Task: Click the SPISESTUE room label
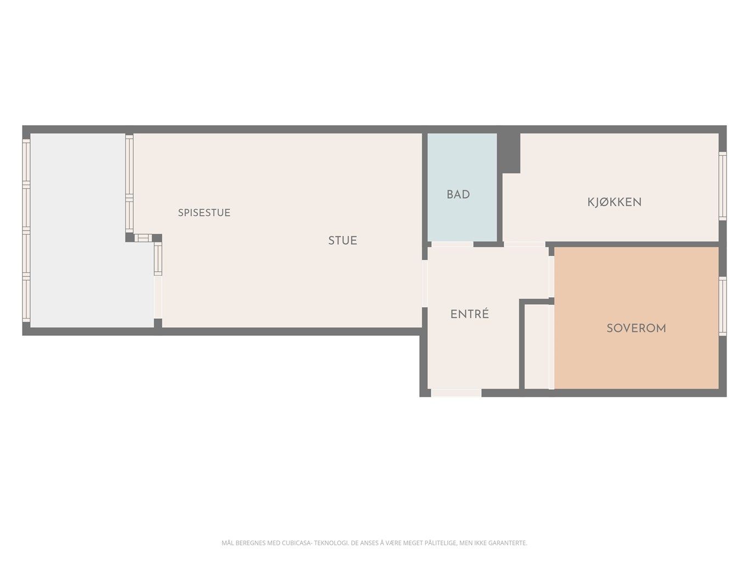pyautogui.click(x=204, y=212)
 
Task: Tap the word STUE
pyautogui.click(x=342, y=240)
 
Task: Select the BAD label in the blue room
pyautogui.click(x=458, y=194)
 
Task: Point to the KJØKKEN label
pyautogui.click(x=614, y=203)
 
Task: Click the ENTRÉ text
pyautogui.click(x=470, y=314)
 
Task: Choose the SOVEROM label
pyautogui.click(x=636, y=328)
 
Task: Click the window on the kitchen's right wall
pyautogui.click(x=722, y=186)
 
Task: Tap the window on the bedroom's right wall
pyautogui.click(x=722, y=306)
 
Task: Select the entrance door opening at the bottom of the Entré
pyautogui.click(x=456, y=393)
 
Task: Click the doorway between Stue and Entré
pyautogui.click(x=425, y=284)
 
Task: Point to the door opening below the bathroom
pyautogui.click(x=453, y=244)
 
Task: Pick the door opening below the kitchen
pyautogui.click(x=525, y=244)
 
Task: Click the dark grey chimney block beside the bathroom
pyautogui.click(x=509, y=153)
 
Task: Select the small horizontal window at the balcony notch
pyautogui.click(x=143, y=238)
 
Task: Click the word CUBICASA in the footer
pyautogui.click(x=296, y=543)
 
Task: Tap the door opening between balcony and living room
pyautogui.click(x=157, y=297)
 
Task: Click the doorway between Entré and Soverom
pyautogui.click(x=551, y=277)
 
